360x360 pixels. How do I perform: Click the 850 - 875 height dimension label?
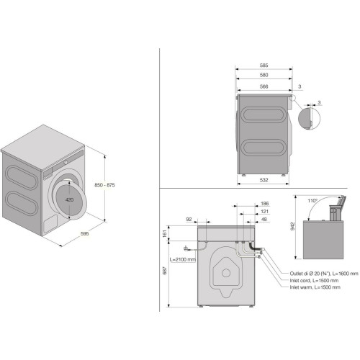(x=104, y=185)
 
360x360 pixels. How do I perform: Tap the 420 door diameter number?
(x=69, y=199)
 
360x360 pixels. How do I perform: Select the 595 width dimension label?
(x=85, y=233)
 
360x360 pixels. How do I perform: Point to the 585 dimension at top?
(x=264, y=66)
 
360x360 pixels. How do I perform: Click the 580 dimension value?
(x=264, y=75)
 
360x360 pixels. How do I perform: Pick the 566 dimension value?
(x=264, y=86)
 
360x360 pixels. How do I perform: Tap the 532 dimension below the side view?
(x=264, y=180)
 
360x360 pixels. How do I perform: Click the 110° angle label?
(x=312, y=201)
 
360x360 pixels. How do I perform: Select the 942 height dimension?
(x=292, y=226)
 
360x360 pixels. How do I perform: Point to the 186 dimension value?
(x=264, y=204)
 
